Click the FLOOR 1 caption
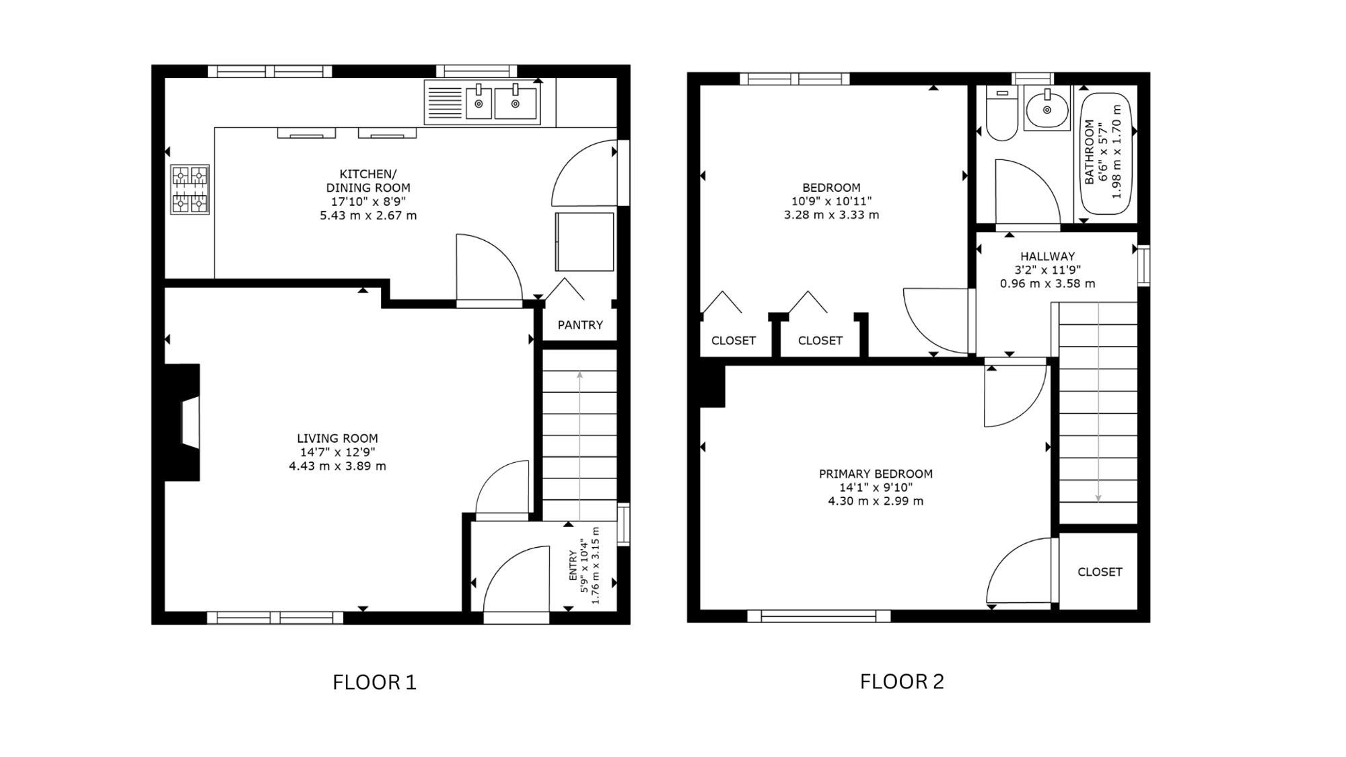tap(375, 682)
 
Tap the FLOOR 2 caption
tap(902, 682)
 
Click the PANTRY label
tap(580, 325)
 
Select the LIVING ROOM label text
tap(338, 438)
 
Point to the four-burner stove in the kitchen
tap(190, 190)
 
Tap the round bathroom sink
tap(1047, 110)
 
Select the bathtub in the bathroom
tap(1106, 153)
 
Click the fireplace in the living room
tap(183, 423)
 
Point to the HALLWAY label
tap(1047, 256)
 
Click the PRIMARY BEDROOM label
tap(876, 474)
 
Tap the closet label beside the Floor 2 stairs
tap(1100, 572)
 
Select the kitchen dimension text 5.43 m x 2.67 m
tap(368, 215)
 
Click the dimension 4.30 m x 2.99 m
tap(876, 501)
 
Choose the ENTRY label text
tap(573, 566)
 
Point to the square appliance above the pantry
tap(584, 242)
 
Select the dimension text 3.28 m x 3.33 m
tap(831, 215)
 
